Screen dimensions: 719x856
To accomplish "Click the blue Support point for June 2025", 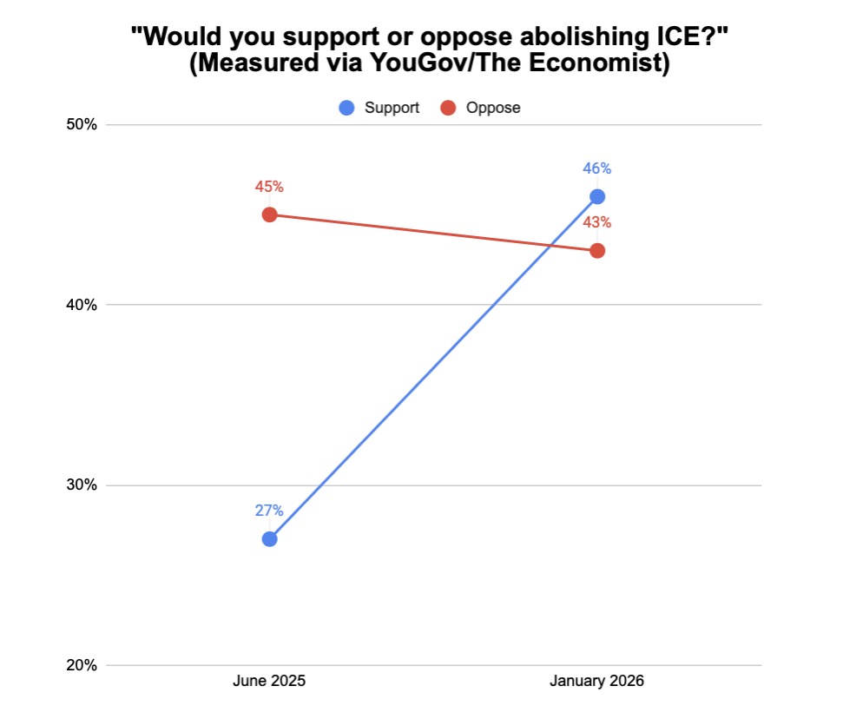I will (269, 538).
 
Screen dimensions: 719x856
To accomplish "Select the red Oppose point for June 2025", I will (269, 214).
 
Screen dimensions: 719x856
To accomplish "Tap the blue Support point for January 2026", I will (597, 196).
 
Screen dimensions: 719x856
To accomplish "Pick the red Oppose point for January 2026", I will (597, 251).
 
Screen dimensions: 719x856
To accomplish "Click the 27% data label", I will (269, 511).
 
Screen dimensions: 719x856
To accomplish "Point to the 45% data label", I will (269, 187).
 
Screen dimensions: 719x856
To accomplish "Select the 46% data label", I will (597, 168).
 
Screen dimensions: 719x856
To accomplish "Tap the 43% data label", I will (597, 223).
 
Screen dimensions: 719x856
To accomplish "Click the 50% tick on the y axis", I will (82, 124).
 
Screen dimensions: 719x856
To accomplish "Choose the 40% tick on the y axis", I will (82, 305).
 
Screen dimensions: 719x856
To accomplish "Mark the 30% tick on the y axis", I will (82, 485).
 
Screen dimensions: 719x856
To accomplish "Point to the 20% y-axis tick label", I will (82, 666).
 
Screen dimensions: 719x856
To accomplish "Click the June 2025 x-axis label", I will (269, 682).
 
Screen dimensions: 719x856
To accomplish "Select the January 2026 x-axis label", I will (597, 682).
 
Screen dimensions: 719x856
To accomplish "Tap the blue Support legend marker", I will (347, 108).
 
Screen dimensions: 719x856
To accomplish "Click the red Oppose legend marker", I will (448, 108).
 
